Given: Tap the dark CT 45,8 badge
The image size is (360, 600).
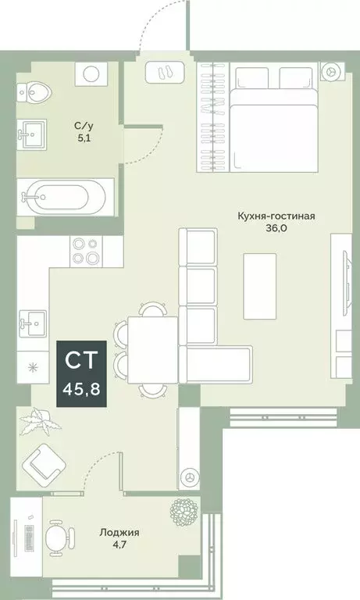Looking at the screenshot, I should coord(80,373).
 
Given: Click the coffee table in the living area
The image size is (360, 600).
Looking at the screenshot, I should coord(260,286).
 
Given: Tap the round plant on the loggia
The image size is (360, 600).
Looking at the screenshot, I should coord(184,512).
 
